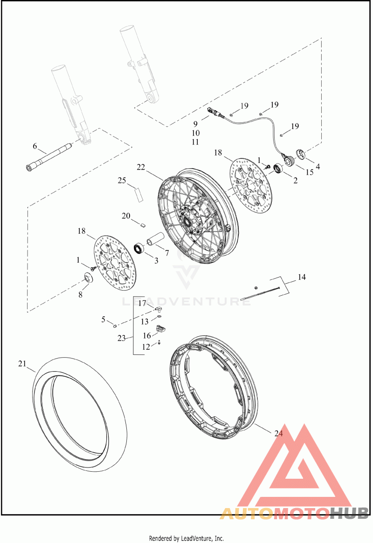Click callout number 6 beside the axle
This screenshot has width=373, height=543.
tap(35, 147)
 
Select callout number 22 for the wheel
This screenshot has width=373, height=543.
tap(141, 167)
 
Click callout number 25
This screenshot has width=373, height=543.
tap(122, 180)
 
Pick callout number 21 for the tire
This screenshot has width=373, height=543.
tap(22, 364)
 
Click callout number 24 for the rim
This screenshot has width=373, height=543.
tap(278, 433)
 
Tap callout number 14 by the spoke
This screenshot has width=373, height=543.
tap(302, 277)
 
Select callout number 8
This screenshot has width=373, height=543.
tap(80, 295)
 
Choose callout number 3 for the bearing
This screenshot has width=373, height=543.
tap(156, 260)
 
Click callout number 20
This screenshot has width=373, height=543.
tap(126, 216)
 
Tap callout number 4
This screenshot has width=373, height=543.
tap(318, 167)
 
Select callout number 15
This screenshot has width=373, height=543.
tap(309, 172)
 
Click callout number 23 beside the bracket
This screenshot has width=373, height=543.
tap(121, 339)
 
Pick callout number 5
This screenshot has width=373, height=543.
tap(104, 319)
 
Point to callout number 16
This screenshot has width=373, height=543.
tap(147, 336)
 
